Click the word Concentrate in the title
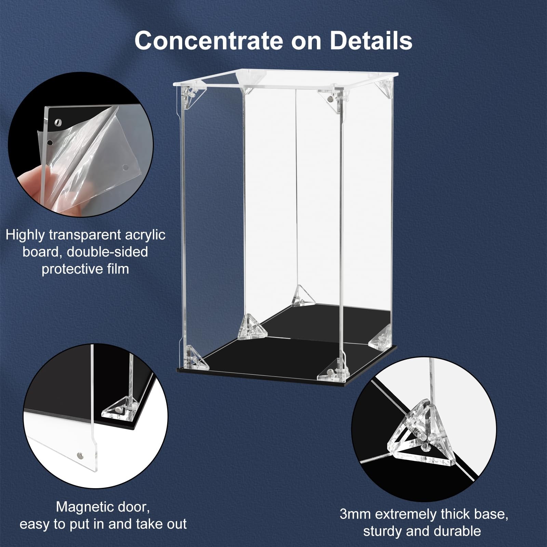pyautogui.click(x=209, y=41)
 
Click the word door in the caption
pyautogui.click(x=133, y=507)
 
